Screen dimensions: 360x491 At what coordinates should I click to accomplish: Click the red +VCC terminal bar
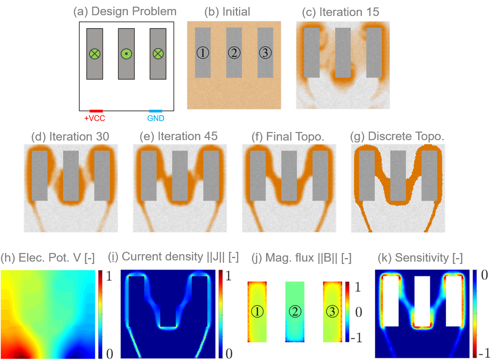96,111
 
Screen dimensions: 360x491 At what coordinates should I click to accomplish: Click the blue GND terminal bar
155,111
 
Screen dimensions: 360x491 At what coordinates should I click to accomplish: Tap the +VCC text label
95,118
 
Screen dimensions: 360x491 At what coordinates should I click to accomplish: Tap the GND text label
155,118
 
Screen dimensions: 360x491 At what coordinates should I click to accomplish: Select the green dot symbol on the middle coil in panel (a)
126,53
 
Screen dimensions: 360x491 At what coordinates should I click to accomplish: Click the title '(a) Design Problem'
125,11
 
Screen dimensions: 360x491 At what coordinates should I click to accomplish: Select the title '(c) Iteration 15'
341,12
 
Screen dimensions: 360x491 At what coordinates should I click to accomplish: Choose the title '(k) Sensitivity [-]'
420,257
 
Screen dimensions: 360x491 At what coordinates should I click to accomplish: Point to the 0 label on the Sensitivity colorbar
483,276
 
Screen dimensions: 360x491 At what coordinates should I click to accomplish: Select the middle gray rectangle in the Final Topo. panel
289,176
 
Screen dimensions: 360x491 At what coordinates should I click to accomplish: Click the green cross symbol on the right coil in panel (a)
158,53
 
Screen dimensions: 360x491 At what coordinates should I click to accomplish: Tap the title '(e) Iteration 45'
179,136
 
